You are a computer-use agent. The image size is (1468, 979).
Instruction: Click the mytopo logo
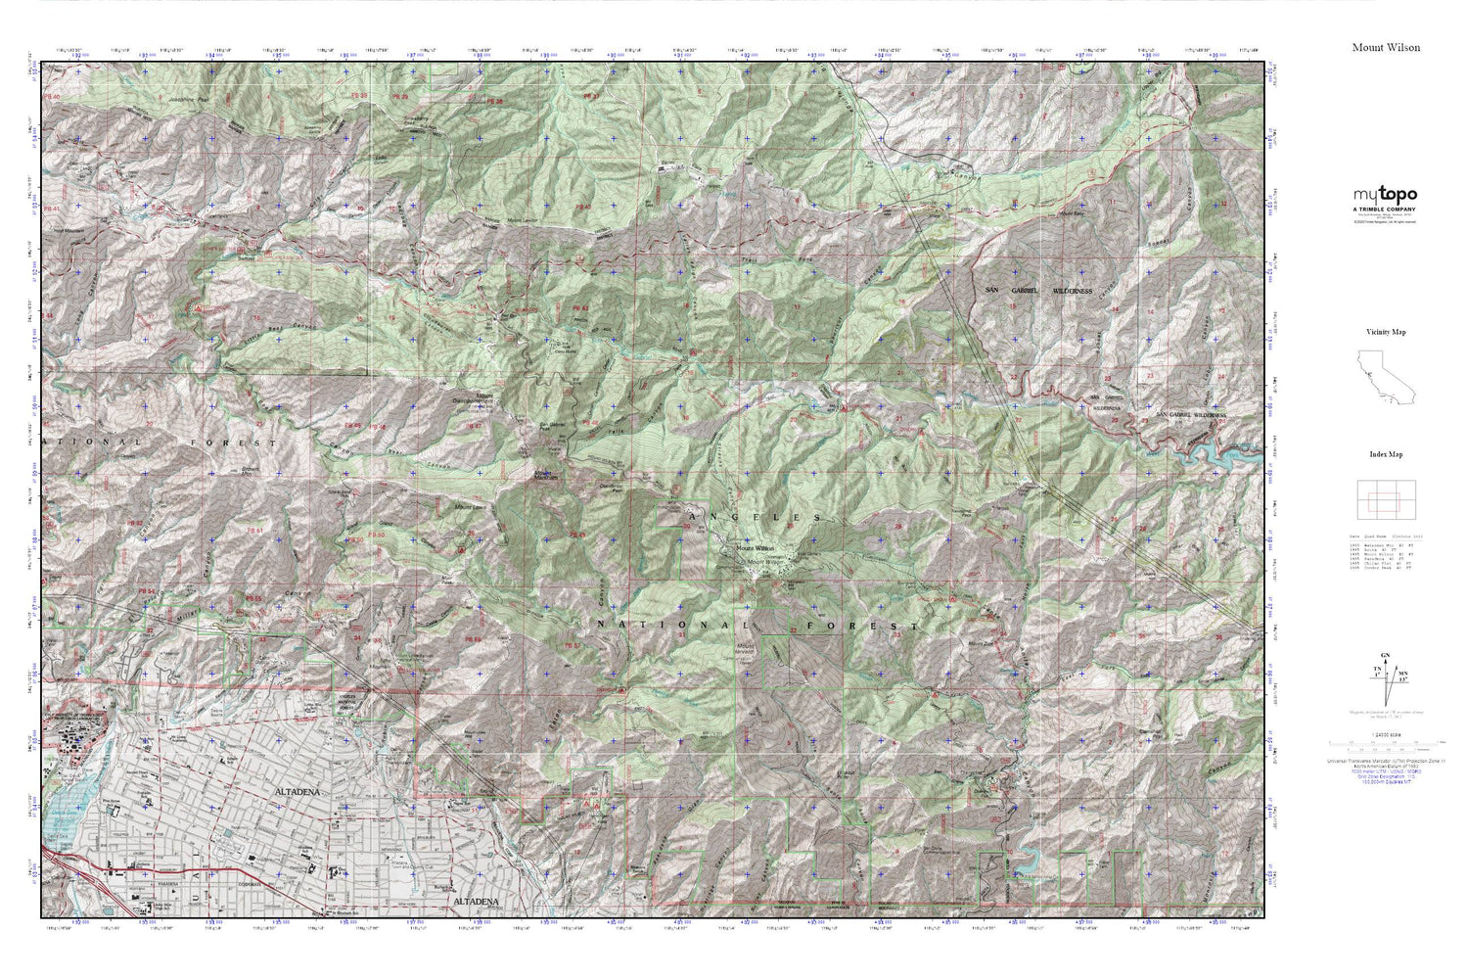pos(1385,195)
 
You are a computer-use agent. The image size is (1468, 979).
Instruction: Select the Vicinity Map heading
pos(1386,332)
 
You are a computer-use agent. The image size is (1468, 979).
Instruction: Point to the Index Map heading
pos(1386,454)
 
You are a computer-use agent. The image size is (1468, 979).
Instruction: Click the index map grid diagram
pos(1384,501)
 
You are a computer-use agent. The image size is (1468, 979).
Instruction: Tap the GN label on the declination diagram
pos(1384,654)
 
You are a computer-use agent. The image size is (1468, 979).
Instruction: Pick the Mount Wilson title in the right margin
pos(1386,47)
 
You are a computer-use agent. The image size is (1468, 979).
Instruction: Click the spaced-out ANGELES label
pos(755,516)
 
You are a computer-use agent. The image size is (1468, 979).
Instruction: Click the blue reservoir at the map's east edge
pos(1235,451)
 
